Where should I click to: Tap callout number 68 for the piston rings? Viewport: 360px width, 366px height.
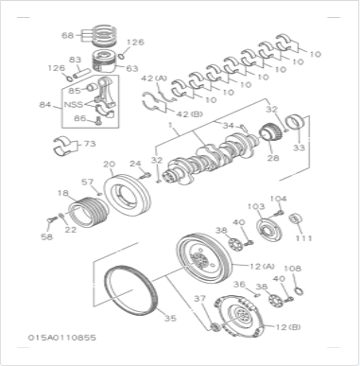pyautogui.click(x=68, y=35)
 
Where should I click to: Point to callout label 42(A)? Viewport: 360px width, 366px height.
pyautogui.click(x=154, y=78)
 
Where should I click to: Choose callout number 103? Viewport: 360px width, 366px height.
pyautogui.click(x=255, y=204)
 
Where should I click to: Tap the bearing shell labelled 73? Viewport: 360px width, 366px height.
pyautogui.click(x=67, y=147)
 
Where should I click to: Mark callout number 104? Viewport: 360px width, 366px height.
pyautogui.click(x=278, y=199)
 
